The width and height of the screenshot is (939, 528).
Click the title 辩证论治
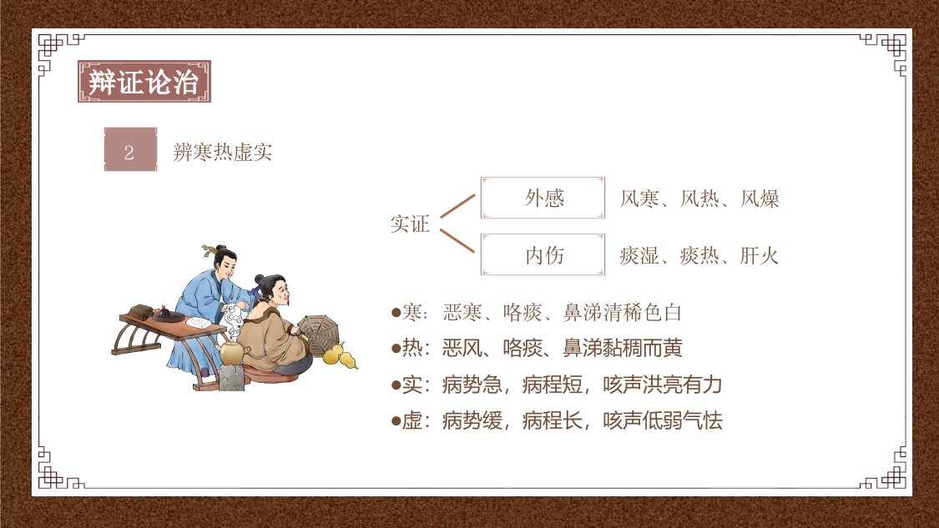click(144, 82)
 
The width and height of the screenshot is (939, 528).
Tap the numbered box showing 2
click(129, 151)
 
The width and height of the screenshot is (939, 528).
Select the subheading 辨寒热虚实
click(222, 152)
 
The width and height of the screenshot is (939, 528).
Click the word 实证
click(410, 224)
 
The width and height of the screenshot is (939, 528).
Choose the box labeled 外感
click(543, 198)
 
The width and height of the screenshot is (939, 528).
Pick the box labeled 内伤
click(543, 254)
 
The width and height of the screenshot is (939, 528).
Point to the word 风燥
click(760, 199)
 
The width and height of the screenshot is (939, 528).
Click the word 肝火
click(760, 255)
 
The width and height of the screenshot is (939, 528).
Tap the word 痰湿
click(639, 255)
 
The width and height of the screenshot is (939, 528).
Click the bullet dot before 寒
click(396, 313)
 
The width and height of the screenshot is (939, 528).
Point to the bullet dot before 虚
click(396, 420)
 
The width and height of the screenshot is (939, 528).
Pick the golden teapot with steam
click(231, 350)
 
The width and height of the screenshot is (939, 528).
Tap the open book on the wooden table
click(197, 321)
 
